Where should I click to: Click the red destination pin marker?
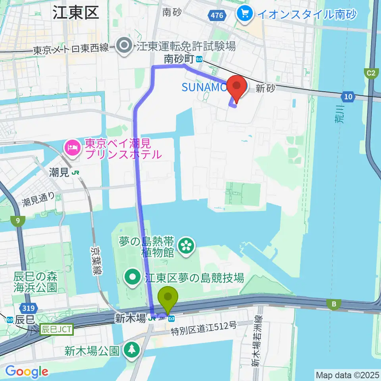237,87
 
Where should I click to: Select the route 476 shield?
217,15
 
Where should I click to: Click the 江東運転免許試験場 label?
186,47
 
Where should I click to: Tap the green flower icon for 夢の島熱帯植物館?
185,246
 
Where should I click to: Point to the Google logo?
27,371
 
